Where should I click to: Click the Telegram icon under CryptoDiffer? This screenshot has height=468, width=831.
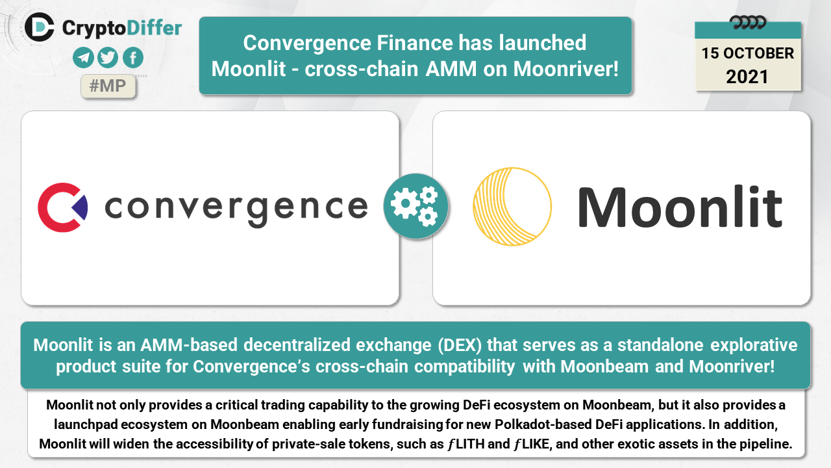83,58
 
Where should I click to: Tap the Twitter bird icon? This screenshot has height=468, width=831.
108,58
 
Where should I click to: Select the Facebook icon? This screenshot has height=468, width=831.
133,58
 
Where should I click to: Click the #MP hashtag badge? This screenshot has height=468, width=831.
108,86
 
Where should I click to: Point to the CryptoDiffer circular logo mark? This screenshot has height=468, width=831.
40,27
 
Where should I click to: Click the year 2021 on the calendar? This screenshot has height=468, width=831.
747,77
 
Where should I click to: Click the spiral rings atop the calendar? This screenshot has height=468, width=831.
747,22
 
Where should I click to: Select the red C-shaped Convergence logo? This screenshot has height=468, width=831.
63,207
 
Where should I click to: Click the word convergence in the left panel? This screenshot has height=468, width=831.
236,209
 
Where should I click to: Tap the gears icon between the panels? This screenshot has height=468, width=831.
416,206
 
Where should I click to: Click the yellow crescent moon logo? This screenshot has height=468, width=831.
512,207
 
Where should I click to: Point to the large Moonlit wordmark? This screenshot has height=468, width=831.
680,207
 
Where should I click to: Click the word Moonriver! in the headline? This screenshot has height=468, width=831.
565,69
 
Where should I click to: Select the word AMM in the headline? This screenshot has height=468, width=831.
451,69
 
